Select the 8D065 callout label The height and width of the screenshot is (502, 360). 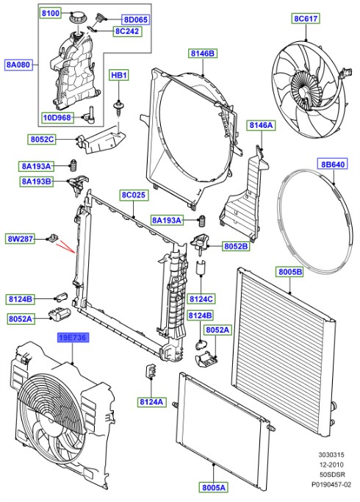click(x=134, y=19)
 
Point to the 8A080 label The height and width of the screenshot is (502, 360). click(x=18, y=65)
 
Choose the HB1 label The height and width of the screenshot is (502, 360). click(x=118, y=75)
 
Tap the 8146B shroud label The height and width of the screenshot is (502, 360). click(x=202, y=53)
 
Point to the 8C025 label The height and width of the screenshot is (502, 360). click(x=135, y=196)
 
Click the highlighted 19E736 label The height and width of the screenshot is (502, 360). click(x=75, y=338)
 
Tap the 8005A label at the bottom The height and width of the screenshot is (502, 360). click(x=214, y=486)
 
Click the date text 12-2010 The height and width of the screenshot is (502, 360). click(x=331, y=463)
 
